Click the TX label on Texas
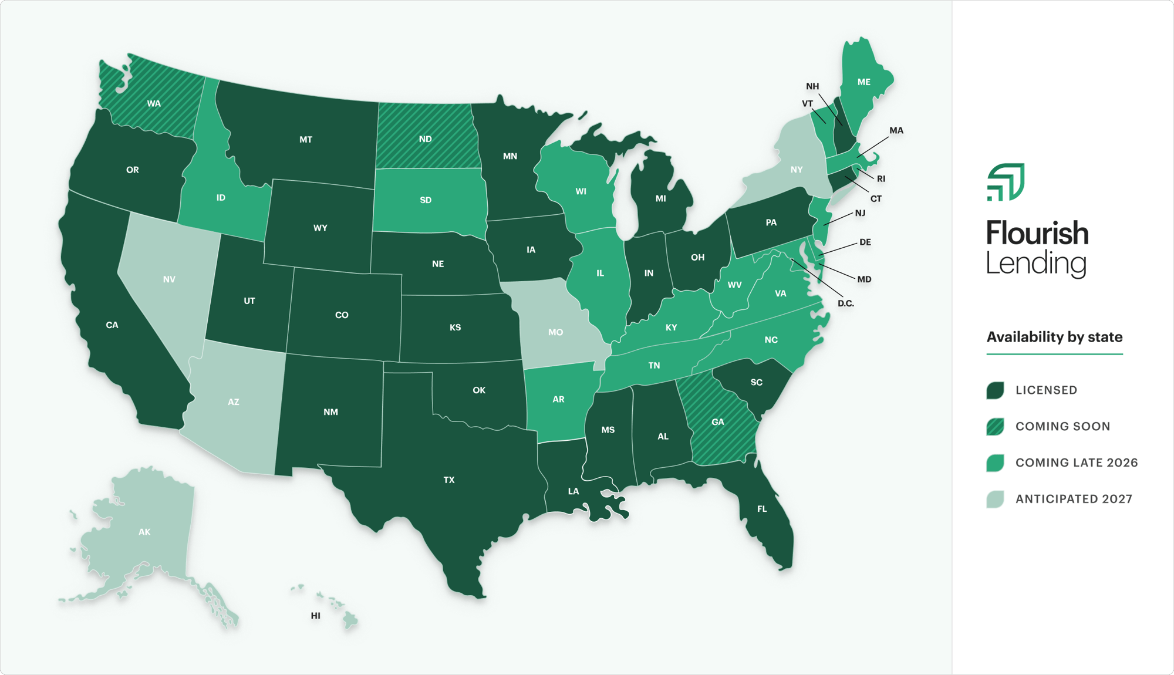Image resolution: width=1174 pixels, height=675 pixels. tap(449, 480)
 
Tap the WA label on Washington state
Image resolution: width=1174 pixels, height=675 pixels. tap(154, 103)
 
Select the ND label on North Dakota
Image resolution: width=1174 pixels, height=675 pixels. tap(426, 139)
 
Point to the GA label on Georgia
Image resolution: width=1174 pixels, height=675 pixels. tap(717, 422)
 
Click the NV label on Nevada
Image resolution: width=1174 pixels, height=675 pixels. tap(169, 279)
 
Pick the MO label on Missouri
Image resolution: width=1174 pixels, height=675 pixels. tap(555, 332)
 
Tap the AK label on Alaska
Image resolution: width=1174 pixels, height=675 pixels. tap(144, 532)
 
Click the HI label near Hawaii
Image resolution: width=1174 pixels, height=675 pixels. tap(316, 616)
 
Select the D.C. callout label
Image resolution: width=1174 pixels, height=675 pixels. tap(845, 303)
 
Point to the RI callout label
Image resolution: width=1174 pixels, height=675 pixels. tap(880, 179)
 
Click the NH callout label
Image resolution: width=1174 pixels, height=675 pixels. tap(812, 86)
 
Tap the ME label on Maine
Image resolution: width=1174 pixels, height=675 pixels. tap(863, 82)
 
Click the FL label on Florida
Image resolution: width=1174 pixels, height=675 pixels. tap(762, 509)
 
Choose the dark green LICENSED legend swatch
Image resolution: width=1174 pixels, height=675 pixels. tap(995, 390)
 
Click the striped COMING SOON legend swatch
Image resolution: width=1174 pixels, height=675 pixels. tap(995, 427)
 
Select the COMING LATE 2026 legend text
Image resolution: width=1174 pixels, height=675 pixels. tap(1077, 463)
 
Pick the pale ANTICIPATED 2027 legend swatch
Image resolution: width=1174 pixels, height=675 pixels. tap(995, 499)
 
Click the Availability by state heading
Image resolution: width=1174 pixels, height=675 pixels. tap(1054, 337)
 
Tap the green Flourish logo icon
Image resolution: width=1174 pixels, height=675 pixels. tap(1006, 182)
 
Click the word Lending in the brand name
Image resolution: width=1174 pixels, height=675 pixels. tap(1036, 264)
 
